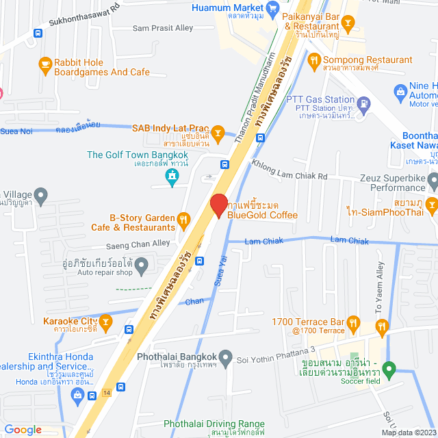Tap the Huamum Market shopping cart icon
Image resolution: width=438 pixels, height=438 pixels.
point(273,8)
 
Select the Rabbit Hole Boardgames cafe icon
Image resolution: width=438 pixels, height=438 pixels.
point(45,65)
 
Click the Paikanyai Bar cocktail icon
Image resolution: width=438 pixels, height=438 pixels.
point(348,25)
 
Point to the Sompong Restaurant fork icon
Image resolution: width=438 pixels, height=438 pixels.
point(313,60)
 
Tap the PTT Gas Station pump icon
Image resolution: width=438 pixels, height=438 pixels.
point(364,104)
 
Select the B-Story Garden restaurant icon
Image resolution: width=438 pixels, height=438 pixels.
point(183,220)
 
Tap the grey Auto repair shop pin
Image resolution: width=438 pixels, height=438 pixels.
point(141,264)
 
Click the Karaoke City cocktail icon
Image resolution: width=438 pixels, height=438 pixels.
point(105,320)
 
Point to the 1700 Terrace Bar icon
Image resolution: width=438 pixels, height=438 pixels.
point(352,322)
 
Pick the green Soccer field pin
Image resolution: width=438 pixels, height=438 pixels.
point(389,371)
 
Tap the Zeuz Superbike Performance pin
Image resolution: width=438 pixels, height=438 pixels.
point(433,181)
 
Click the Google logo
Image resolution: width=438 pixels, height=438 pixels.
point(23,429)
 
